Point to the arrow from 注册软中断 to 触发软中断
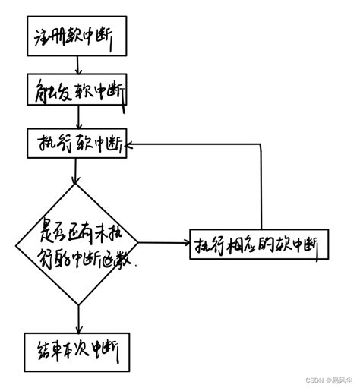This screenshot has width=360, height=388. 74,65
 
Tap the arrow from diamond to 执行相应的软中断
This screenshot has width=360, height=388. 163,243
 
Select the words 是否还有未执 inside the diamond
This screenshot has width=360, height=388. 76,229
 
